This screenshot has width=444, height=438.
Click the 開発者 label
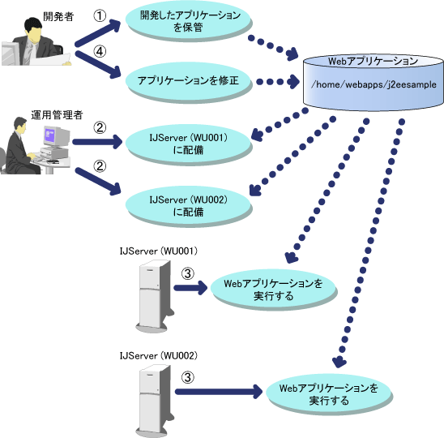pyautogui.click(x=58, y=17)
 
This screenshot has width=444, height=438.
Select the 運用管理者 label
pyautogui.click(x=57, y=115)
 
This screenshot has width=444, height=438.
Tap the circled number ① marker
pyautogui.click(x=100, y=15)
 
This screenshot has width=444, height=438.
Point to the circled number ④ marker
pyautogui.click(x=100, y=52)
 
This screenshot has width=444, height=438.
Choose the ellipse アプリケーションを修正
pyautogui.click(x=188, y=81)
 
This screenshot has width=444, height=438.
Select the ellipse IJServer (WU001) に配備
pyautogui.click(x=188, y=144)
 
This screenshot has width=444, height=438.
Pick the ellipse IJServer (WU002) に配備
pyautogui.click(x=188, y=205)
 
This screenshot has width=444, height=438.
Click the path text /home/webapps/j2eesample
pyautogui.click(x=374, y=84)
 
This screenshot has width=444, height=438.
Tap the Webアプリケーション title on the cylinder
pyautogui.click(x=373, y=61)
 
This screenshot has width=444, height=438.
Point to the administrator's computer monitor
pyautogui.click(x=56, y=137)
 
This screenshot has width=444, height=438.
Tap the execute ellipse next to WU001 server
pyautogui.click(x=273, y=290)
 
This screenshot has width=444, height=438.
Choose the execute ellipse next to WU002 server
pyautogui.click(x=328, y=393)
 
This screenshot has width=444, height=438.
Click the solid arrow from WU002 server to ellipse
pyautogui.click(x=219, y=392)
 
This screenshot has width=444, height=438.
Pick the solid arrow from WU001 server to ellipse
pyautogui.click(x=190, y=288)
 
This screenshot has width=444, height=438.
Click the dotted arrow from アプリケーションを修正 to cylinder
pyautogui.click(x=278, y=82)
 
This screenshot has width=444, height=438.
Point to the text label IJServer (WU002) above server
pyautogui.click(x=158, y=355)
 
